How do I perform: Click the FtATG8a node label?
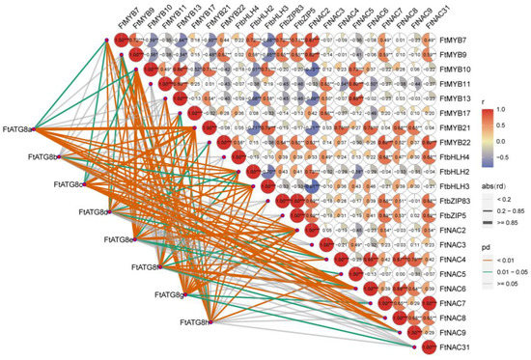coord(18,127)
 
